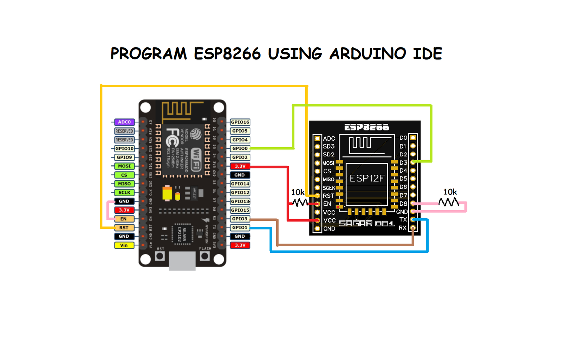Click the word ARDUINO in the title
point(368,54)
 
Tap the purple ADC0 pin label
point(124,122)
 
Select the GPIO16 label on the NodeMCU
point(240,122)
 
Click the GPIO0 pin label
point(240,148)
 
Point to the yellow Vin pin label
point(124,245)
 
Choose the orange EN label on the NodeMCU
point(124,219)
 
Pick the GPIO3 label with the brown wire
point(240,219)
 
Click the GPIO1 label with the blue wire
point(240,227)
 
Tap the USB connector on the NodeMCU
point(182,261)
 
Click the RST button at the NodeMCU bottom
point(160,256)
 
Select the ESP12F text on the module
point(367,179)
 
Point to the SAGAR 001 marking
point(366,224)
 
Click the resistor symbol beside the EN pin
point(300,202)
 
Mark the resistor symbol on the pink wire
point(449,202)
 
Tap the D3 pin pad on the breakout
point(413,162)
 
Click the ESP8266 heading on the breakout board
point(366,127)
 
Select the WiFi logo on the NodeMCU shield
point(196,159)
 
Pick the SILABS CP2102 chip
point(182,233)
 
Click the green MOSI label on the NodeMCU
point(124,166)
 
